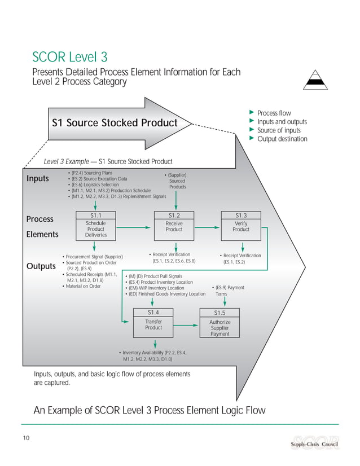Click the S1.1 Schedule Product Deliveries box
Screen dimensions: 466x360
click(95, 225)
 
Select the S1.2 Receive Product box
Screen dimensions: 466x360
click(174, 225)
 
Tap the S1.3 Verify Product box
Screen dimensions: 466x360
click(241, 225)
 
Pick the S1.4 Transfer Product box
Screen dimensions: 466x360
click(153, 323)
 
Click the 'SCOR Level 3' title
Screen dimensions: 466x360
click(70, 57)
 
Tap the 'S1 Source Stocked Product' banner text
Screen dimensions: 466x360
click(115, 123)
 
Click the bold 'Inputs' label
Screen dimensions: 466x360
click(38, 179)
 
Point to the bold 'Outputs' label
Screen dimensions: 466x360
click(41, 266)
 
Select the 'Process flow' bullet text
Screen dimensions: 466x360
click(274, 113)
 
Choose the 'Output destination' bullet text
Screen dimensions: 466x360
click(282, 139)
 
